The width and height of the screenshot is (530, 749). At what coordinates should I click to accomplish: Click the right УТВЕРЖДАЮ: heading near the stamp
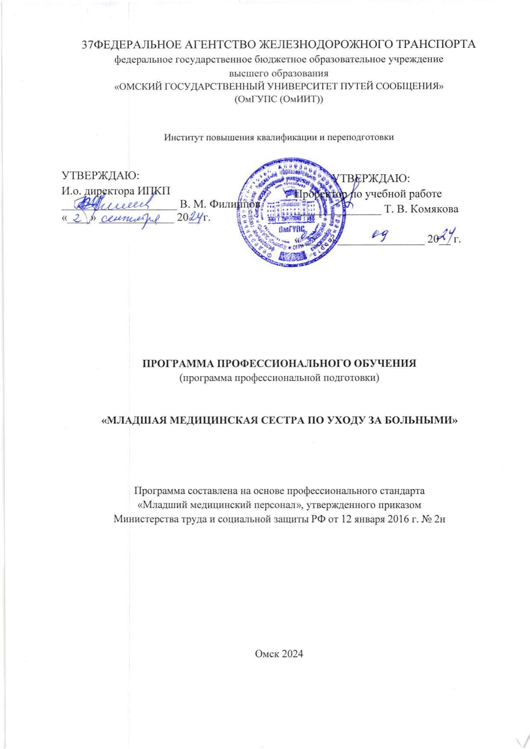(x=372, y=177)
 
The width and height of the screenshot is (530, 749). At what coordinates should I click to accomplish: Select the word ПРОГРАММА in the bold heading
(x=175, y=363)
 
